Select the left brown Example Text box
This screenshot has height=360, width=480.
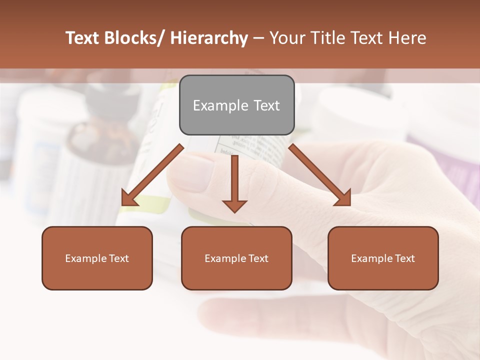(x=97, y=258)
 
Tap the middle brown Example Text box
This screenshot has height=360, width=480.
(x=236, y=258)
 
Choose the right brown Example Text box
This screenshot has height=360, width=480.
(x=383, y=258)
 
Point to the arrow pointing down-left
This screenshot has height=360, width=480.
(x=152, y=175)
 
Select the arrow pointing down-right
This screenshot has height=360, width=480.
(x=320, y=175)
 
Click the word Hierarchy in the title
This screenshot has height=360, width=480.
(x=209, y=38)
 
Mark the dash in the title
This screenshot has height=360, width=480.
(x=258, y=38)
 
